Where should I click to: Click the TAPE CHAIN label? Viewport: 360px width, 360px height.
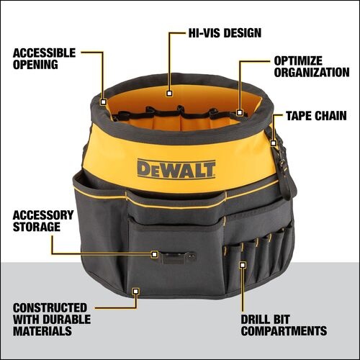316,116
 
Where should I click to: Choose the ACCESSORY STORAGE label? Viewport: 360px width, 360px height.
42,221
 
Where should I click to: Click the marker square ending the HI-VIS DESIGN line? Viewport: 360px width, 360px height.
168,92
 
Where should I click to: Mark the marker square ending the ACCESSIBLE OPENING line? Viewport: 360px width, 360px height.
104,102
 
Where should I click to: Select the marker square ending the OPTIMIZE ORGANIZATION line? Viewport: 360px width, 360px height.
239,112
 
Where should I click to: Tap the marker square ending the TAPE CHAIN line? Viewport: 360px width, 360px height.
274,143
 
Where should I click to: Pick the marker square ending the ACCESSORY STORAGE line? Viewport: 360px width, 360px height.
154,254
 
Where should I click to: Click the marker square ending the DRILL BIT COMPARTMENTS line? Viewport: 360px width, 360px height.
243,264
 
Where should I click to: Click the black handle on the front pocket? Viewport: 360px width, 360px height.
178,256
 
